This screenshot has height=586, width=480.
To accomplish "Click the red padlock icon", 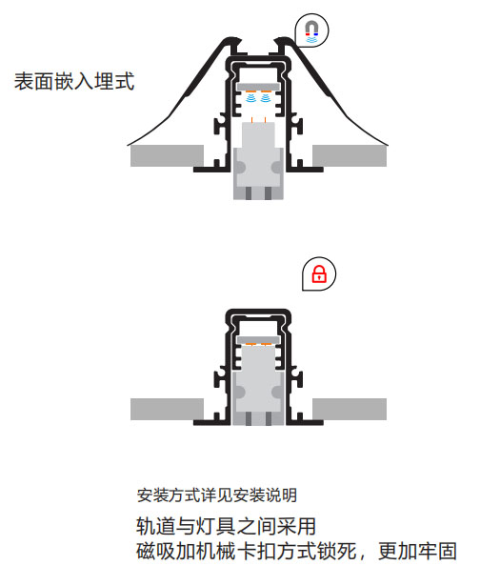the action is click(319, 273).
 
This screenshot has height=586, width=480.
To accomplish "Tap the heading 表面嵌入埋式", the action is click(74, 81).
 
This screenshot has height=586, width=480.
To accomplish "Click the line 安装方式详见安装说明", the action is click(216, 495).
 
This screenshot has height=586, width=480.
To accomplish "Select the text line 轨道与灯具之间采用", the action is click(226, 526).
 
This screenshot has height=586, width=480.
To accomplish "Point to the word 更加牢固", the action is click(417, 551).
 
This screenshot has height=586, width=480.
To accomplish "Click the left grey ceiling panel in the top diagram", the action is click(167, 156).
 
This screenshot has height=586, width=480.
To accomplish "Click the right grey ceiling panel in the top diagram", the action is click(350, 156).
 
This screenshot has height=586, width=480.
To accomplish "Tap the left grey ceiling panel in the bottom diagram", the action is click(167, 409).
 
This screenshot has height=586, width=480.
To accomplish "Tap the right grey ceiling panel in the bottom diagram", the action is click(350, 409).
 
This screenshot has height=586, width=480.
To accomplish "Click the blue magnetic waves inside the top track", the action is click(258, 98).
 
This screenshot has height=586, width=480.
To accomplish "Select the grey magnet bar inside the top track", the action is click(258, 87).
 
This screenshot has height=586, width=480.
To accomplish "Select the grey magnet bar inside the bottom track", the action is click(258, 339).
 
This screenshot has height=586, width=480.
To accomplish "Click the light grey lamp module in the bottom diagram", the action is click(258, 385).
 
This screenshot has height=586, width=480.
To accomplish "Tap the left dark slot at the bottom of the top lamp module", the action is click(249, 193).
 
